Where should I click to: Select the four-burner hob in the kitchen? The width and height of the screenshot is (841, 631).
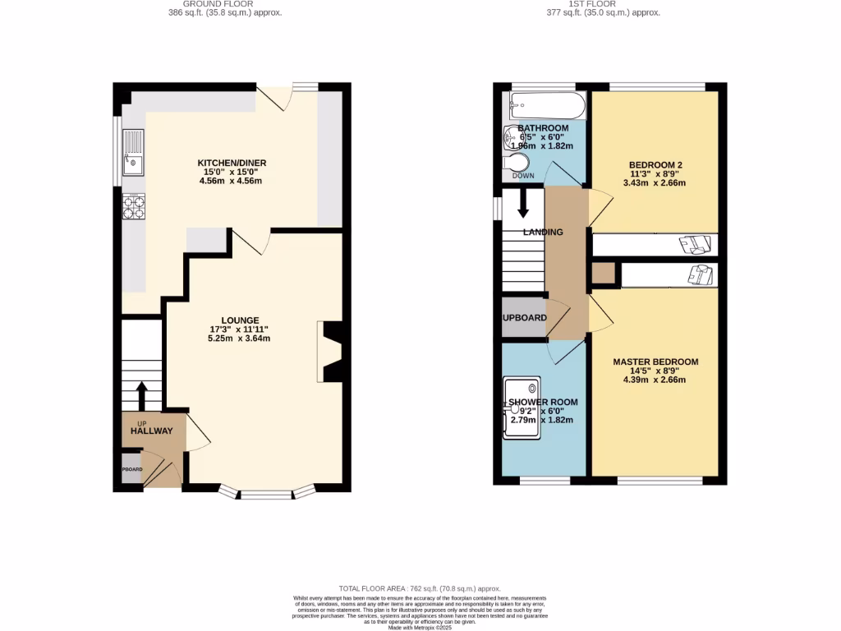[x=134, y=206]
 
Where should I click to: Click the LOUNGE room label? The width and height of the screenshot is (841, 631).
[x=240, y=320]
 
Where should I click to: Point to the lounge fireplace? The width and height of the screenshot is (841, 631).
[x=333, y=352]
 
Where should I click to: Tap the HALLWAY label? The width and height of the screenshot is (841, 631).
[x=151, y=431]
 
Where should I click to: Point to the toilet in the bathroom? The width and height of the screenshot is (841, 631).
[x=518, y=161]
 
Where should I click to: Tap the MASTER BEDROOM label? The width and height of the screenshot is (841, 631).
[x=655, y=362]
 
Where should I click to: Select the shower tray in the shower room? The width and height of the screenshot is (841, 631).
[x=523, y=408]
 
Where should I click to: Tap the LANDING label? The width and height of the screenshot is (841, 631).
[x=544, y=233]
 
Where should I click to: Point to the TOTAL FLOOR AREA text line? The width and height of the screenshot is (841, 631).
[x=420, y=589]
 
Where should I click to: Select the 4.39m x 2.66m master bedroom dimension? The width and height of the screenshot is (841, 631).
[x=655, y=380]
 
